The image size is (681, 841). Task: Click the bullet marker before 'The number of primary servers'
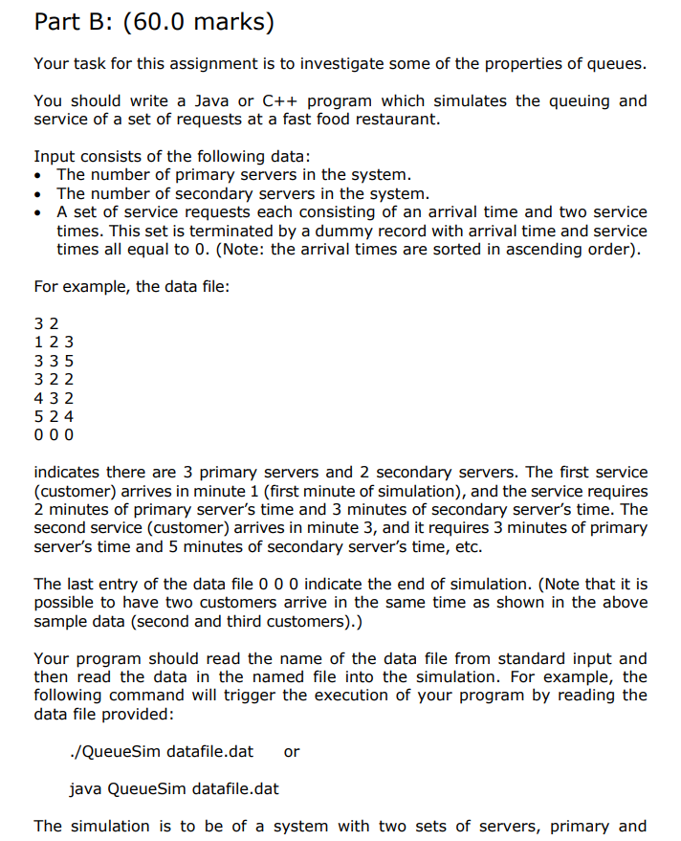[x=38, y=175]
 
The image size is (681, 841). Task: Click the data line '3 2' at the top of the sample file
[x=46, y=323]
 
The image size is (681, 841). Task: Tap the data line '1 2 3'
[x=54, y=342]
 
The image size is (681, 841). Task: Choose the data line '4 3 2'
[x=54, y=397]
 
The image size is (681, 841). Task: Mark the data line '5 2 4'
[x=54, y=416]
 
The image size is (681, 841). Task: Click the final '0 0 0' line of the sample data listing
[x=54, y=434]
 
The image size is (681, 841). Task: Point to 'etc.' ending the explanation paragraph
[x=466, y=546]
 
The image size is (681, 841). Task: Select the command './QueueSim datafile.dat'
[x=162, y=751]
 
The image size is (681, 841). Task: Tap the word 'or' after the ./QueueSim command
[x=292, y=751]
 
